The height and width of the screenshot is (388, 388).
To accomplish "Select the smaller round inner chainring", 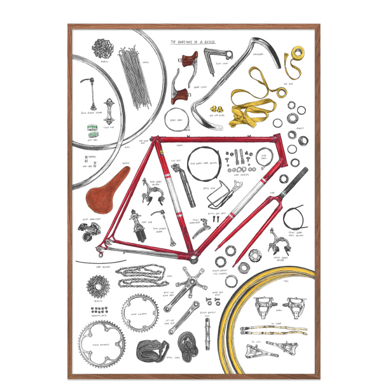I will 139,309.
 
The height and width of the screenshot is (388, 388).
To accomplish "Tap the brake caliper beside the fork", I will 280,238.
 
